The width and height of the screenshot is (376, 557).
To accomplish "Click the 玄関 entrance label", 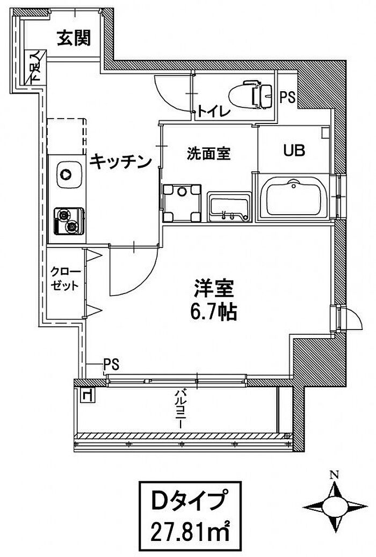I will click(74, 39).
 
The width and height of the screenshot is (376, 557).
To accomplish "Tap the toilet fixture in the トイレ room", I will click(250, 94).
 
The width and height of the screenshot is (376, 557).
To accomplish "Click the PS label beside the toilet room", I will click(287, 98).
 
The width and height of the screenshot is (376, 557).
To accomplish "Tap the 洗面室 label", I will click(208, 153).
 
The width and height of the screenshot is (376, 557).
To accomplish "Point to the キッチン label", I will click(119, 160).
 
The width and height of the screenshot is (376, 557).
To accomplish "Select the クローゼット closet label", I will click(66, 278).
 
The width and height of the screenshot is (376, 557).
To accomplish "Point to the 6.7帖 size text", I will click(213, 312).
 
